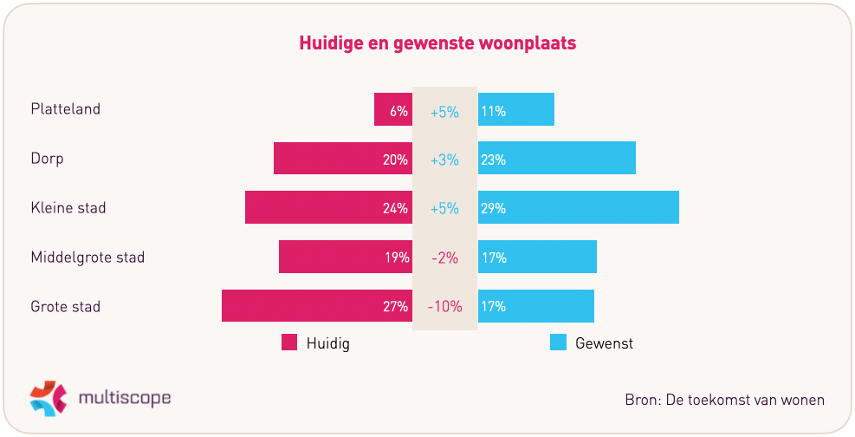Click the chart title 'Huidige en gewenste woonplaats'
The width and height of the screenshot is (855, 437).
437,42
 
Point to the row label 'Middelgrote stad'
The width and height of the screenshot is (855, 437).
87,258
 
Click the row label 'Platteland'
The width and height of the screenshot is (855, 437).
66,109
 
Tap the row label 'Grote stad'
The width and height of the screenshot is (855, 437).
66,306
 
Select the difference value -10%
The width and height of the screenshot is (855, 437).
444,307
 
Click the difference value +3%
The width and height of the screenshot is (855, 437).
444,160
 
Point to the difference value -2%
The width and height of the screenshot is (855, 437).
444,258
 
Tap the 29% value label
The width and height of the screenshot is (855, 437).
494,209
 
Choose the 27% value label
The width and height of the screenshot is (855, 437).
397,307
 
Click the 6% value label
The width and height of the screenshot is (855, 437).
399,111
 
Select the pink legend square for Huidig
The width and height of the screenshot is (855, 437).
289,342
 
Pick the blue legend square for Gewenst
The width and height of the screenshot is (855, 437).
559,342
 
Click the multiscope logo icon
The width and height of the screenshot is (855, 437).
48,397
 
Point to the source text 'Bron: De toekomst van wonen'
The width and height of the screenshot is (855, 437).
724,400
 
